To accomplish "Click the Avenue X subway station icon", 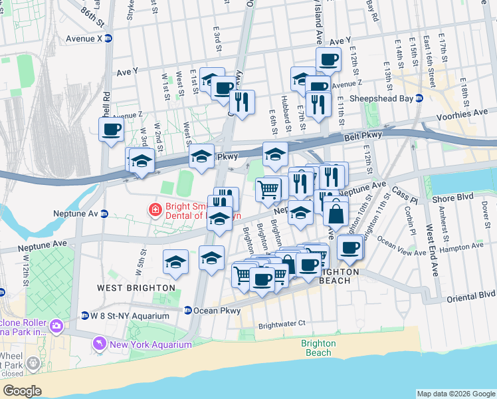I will point(108,38).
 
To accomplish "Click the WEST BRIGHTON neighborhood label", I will point(136,288).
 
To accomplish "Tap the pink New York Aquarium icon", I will point(100,344).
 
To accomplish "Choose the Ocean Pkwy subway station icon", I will point(188,310).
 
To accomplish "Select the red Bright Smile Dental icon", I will point(155,210).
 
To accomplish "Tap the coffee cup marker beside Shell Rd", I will point(111,128).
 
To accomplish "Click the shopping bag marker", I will point(337,213).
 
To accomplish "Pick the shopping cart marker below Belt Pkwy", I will point(268,189).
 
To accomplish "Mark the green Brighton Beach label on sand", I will point(318,348).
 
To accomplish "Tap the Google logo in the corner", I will point(22,390).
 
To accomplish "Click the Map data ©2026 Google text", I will point(456,394).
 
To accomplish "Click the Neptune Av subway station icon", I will point(104,214).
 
